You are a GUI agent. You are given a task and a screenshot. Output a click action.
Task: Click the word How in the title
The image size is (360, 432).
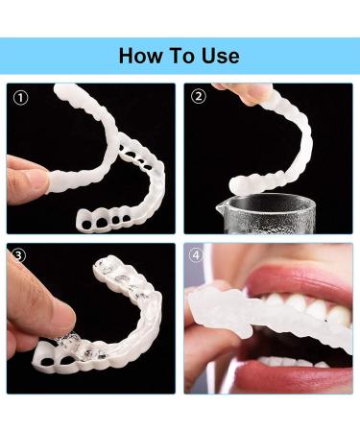coord(142,55)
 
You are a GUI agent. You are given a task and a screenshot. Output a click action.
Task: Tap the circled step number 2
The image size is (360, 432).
coord(199,96)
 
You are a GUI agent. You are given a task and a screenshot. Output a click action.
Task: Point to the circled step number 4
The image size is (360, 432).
coord(199,256)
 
